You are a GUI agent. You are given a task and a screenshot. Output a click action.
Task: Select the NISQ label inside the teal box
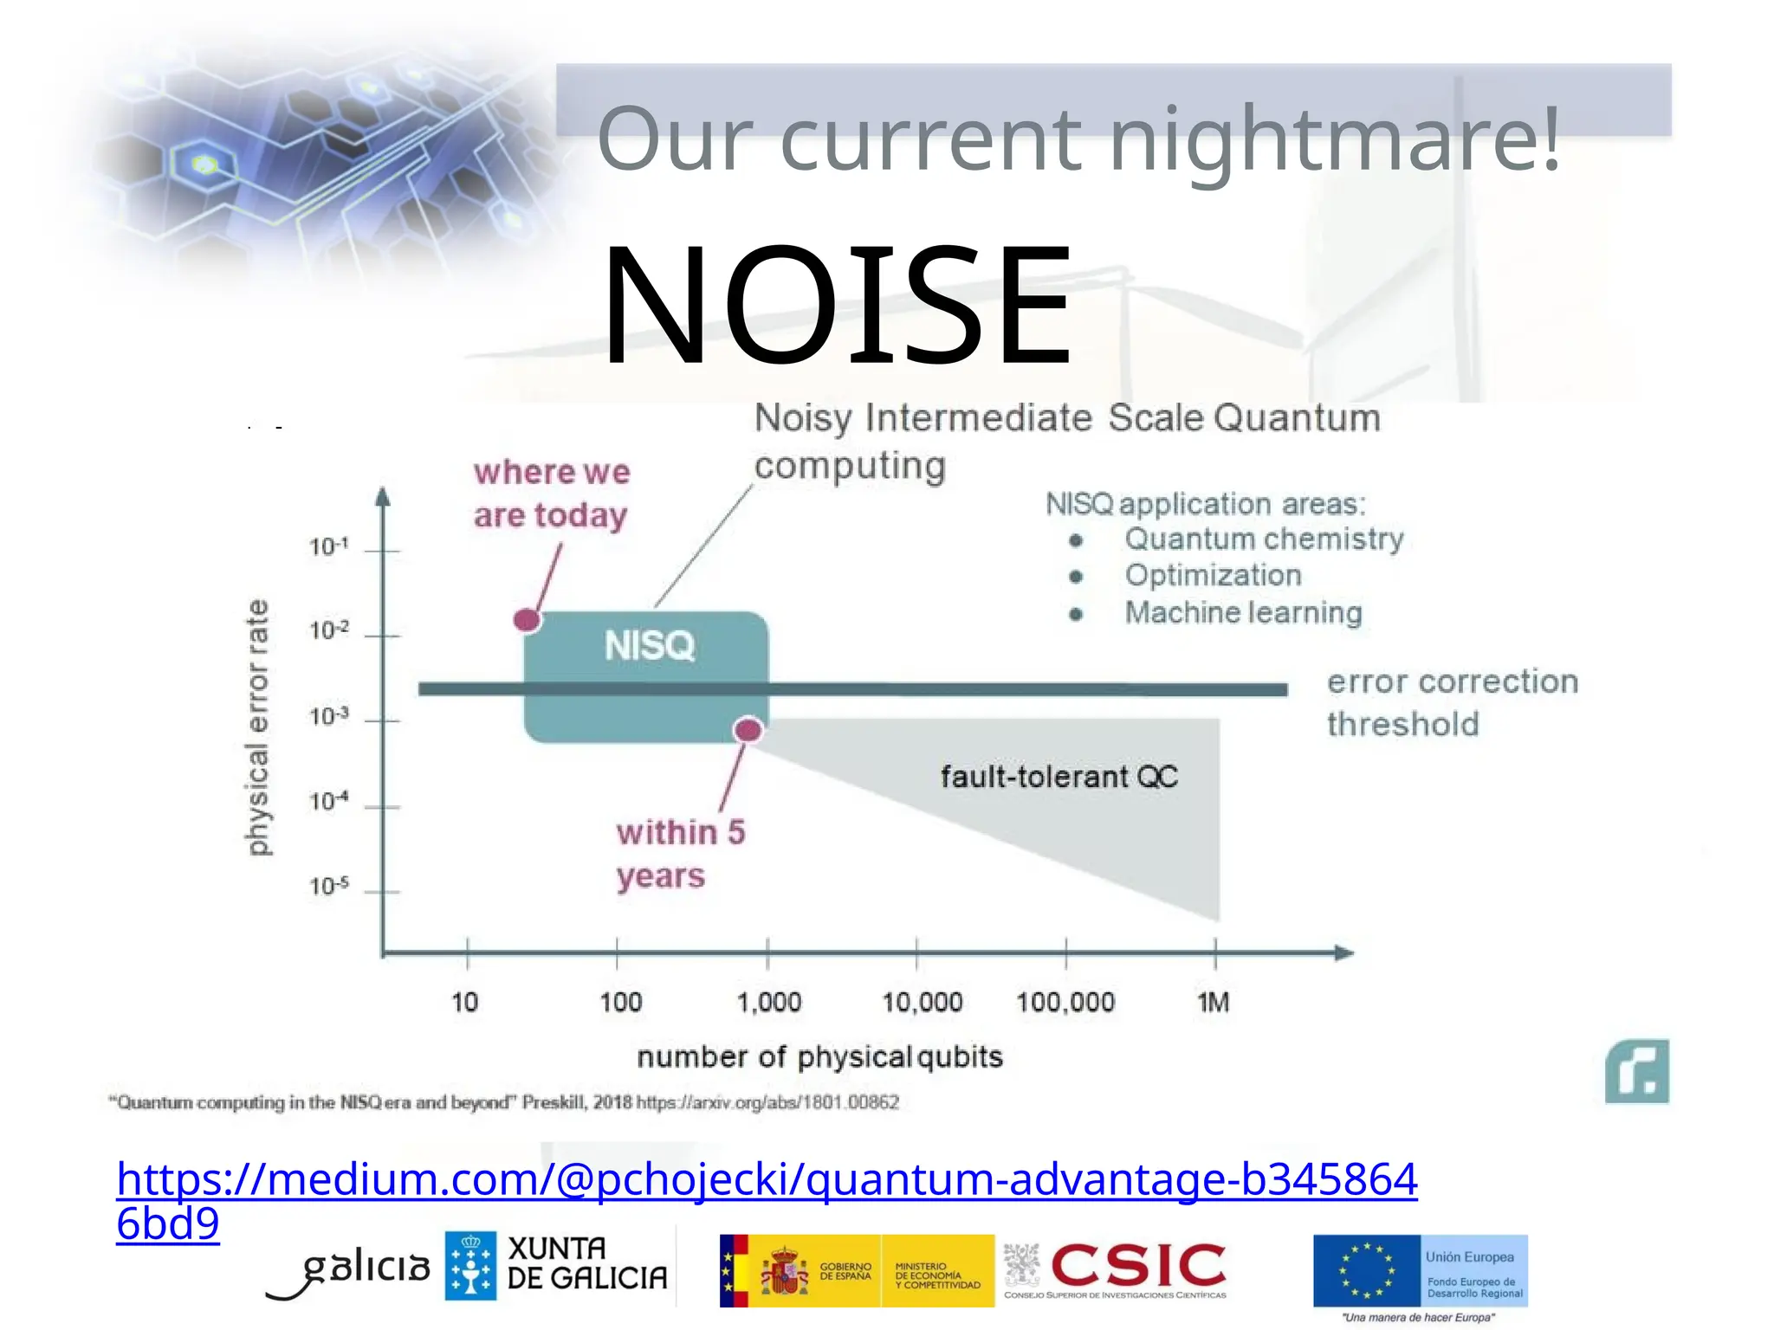pos(650,646)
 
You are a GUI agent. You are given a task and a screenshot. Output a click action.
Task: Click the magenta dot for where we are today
pos(527,620)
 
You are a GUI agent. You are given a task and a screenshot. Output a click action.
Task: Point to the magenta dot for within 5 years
pos(748,730)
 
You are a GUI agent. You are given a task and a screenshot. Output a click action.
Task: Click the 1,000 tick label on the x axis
pos(768,1003)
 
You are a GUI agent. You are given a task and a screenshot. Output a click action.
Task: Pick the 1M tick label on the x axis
pos(1213,1003)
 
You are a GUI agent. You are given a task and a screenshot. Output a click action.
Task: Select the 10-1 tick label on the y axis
pos(329,547)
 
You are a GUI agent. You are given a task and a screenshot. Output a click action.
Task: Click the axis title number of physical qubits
pos(819,1057)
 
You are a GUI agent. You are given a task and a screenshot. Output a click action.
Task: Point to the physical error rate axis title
pos(258,727)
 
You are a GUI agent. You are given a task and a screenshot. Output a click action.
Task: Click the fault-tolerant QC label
pos(1059,777)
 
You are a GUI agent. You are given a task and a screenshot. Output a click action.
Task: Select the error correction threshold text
pos(1452,702)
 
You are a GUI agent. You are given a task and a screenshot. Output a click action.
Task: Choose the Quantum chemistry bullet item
pos(1263,539)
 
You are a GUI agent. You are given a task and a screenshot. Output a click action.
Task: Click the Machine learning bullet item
pos(1243,613)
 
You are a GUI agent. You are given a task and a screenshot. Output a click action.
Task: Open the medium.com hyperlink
pos(766,1180)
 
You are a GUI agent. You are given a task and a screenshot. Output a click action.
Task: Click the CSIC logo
pos(1137,1267)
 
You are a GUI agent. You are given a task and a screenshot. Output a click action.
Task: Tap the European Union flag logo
pos(1367,1270)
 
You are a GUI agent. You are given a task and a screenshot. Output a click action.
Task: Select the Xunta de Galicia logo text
pos(586,1264)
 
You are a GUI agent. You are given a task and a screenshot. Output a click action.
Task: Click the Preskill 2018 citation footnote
pos(502,1103)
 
